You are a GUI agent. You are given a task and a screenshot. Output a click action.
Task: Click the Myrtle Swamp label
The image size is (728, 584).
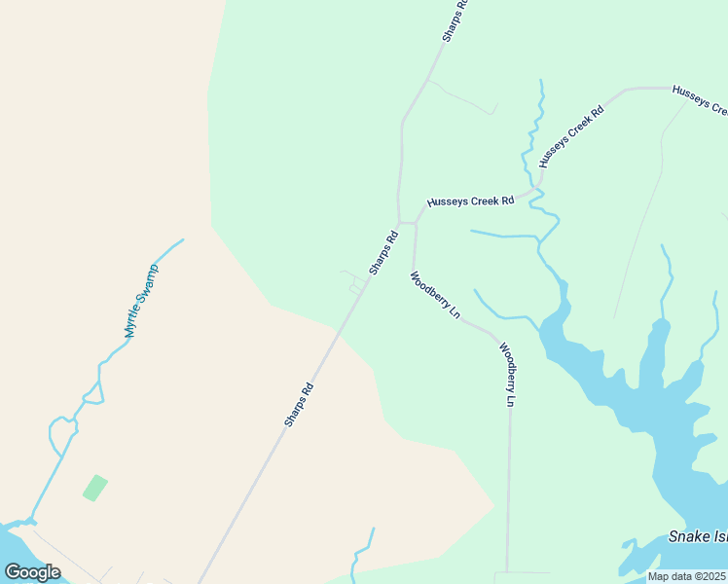(x=141, y=301)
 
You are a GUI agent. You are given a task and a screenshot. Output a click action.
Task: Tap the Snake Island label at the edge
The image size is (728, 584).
(x=697, y=537)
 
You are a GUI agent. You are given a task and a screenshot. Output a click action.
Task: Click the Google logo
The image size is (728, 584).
(x=32, y=572)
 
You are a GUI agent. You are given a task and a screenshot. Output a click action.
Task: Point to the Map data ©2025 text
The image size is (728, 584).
(x=686, y=576)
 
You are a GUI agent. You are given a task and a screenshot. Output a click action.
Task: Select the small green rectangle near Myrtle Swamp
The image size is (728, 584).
(x=94, y=488)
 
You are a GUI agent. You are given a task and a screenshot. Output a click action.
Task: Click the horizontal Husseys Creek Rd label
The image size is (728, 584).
(x=469, y=201)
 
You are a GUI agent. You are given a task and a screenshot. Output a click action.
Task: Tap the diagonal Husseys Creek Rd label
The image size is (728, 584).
(x=571, y=137)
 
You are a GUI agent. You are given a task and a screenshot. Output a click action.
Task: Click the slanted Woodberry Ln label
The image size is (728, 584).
(x=434, y=296)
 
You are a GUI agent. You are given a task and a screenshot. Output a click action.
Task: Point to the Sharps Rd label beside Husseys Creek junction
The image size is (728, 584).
(x=383, y=251)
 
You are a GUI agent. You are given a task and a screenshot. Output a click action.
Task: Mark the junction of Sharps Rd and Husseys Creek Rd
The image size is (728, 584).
(x=400, y=223)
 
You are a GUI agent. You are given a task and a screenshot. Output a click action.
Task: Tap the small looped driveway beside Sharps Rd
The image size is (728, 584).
(x=355, y=282)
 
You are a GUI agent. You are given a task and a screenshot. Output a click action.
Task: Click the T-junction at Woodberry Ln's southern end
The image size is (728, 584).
(x=507, y=572)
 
